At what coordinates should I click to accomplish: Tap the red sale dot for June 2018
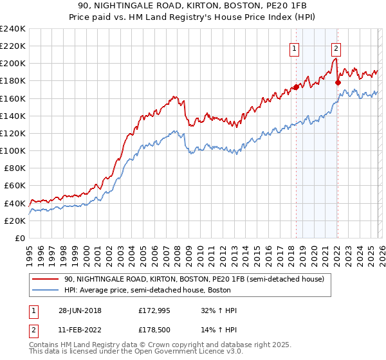[x=296, y=87]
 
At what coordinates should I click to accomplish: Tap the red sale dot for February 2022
[x=338, y=82]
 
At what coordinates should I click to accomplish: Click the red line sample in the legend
[x=46, y=279]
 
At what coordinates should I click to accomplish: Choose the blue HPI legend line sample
[x=46, y=290]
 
